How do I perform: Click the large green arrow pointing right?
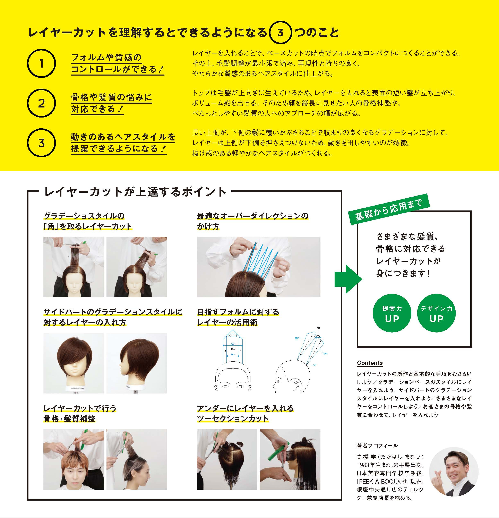347,279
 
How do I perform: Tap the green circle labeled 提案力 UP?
392,313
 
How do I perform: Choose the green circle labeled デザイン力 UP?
436,313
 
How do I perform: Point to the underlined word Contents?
370,363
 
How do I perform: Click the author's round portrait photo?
454,472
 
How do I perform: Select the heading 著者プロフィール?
377,446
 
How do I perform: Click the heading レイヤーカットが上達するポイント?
135,192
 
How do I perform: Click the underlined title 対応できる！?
97,109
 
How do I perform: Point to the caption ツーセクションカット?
233,419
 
